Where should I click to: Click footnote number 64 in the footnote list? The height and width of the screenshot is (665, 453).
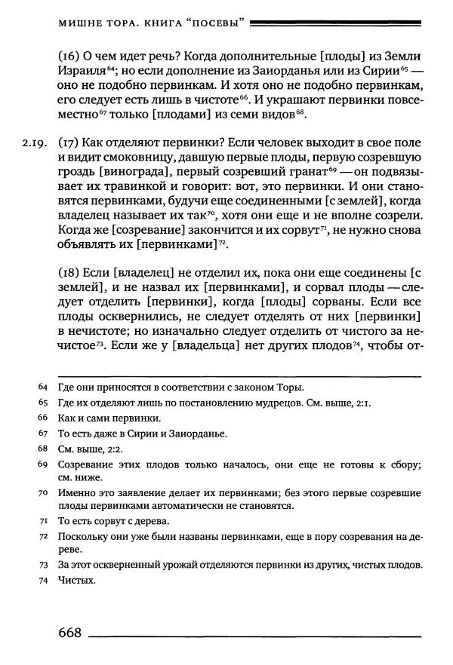pyautogui.click(x=42, y=387)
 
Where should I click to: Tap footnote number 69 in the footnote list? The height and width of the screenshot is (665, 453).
pyautogui.click(x=42, y=464)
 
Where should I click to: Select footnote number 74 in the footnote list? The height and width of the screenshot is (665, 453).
pyautogui.click(x=42, y=581)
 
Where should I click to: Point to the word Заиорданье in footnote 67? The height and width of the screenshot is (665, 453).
pyautogui.click(x=200, y=433)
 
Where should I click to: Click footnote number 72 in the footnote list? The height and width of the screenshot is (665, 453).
pyautogui.click(x=42, y=536)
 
